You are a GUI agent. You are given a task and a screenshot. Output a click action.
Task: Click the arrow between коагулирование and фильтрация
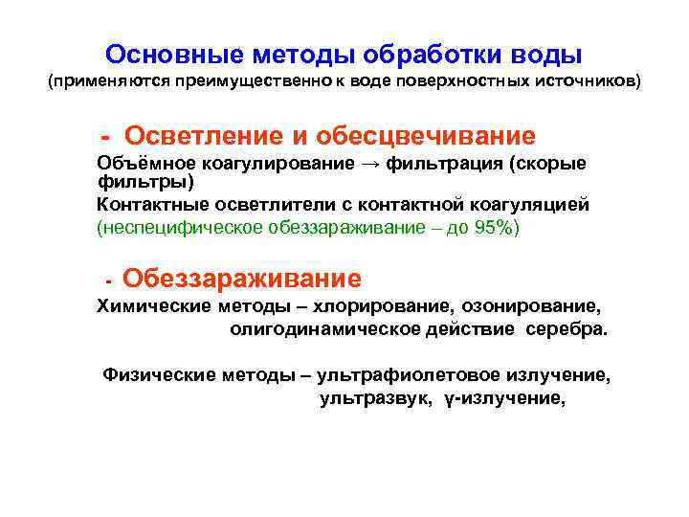(x=370, y=164)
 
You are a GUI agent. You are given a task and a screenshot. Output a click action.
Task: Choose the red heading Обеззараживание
(x=242, y=280)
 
